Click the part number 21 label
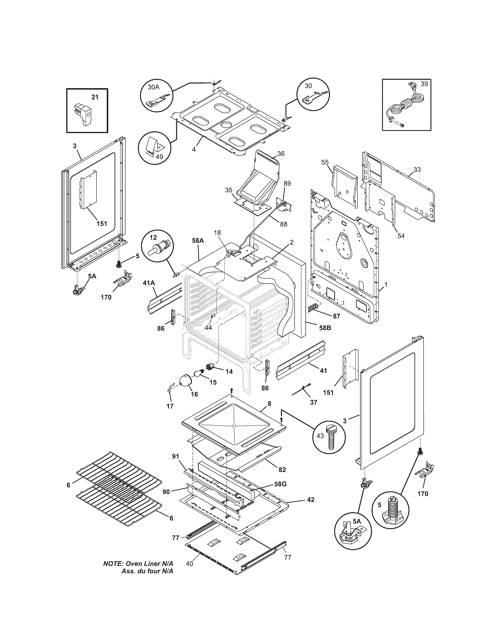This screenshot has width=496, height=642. [95, 97]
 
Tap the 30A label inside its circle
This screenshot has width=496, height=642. [153, 87]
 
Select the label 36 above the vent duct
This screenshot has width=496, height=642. [281, 154]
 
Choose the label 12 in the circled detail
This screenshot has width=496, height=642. [153, 237]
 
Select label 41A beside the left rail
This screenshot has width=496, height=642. [149, 283]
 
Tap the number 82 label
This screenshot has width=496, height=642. [282, 470]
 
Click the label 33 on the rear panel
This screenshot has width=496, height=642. [417, 170]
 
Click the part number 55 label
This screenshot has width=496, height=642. [325, 162]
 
